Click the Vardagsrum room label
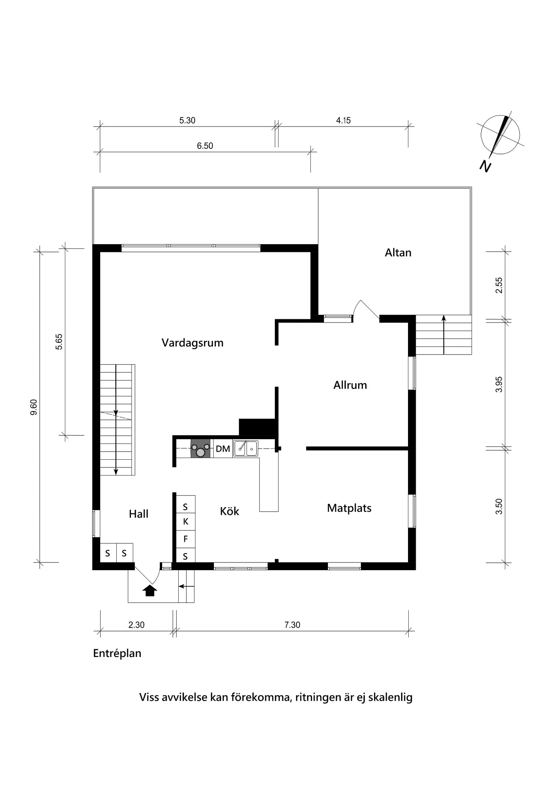click(192, 343)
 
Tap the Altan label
click(398, 253)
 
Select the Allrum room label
click(350, 385)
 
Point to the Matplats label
click(349, 508)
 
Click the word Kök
click(229, 512)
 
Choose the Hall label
click(139, 514)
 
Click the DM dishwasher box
click(223, 449)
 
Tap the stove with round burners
click(200, 449)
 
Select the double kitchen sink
click(246, 449)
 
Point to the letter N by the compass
click(485, 166)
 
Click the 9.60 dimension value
click(34, 407)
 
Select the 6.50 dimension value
click(205, 146)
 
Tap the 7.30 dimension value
click(292, 625)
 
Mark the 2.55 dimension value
click(499, 285)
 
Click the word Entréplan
click(117, 653)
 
